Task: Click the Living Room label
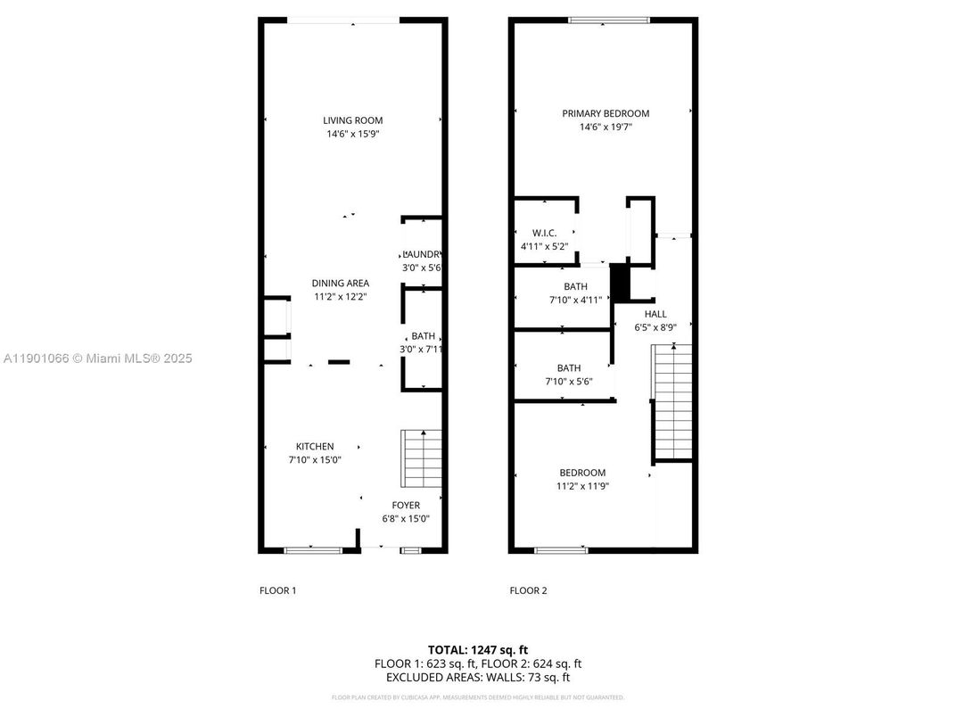352,120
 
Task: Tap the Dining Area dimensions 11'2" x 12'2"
340,296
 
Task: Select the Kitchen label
315,447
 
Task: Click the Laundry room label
422,254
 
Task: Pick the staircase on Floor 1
423,458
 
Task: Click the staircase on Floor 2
673,401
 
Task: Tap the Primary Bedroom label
606,113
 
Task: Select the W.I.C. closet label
545,233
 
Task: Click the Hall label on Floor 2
655,314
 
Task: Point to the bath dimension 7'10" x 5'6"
569,381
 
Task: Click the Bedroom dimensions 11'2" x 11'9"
582,486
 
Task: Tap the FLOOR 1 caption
277,590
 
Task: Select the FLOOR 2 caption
528,590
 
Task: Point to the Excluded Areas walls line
478,678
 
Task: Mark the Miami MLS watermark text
98,358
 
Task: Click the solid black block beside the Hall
620,284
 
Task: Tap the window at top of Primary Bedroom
609,21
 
